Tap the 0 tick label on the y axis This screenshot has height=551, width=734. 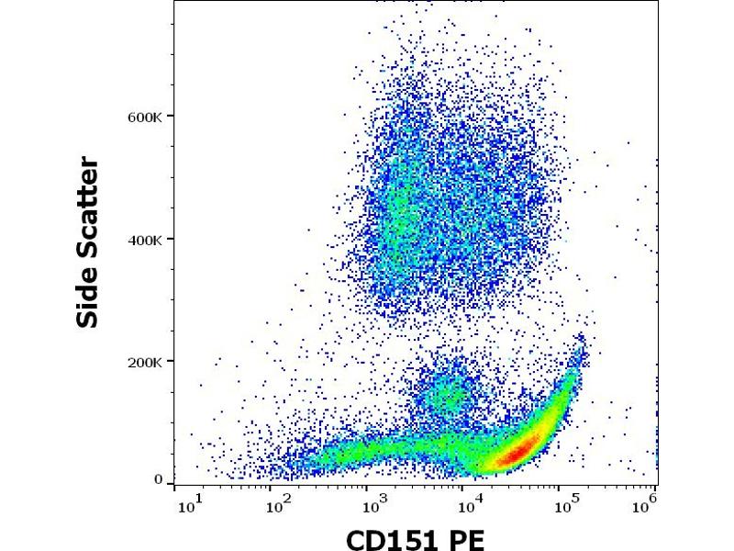pos(160,479)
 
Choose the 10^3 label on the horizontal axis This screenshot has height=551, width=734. pos(373,505)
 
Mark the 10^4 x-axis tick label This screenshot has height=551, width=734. pos(468,505)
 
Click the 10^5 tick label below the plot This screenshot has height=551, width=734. pos(562,505)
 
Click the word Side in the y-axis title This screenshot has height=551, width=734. pos(89,294)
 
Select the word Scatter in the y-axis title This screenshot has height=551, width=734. pos(89,207)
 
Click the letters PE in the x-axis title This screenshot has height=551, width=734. pos(466,539)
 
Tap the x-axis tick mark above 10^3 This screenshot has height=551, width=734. pos(372,488)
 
